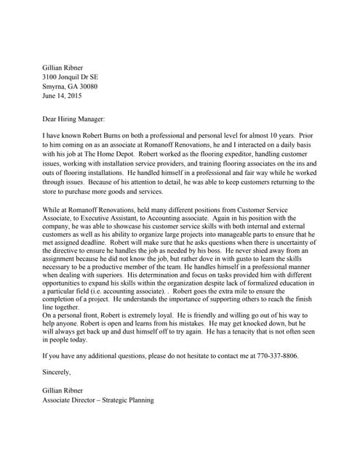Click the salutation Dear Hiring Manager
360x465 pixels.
[74, 118]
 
